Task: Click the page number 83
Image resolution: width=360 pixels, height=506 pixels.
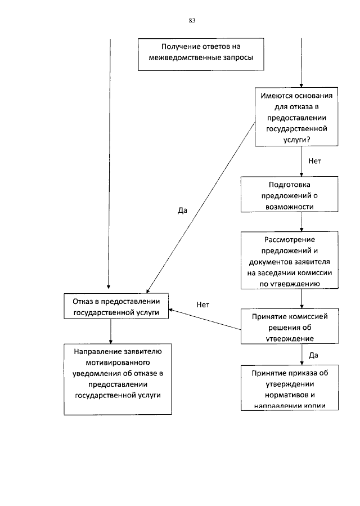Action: [x=192, y=20]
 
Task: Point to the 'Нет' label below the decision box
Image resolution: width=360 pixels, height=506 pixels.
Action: [x=314, y=161]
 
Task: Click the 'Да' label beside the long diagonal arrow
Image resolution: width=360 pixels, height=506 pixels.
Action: [x=182, y=211]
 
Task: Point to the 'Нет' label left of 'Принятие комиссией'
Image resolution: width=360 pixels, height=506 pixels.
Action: [x=203, y=305]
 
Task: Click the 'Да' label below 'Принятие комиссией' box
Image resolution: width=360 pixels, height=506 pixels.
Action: [x=314, y=355]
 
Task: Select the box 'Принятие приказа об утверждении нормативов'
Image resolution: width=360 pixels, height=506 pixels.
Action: [x=291, y=389]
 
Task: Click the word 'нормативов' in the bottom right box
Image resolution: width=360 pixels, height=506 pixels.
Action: [x=291, y=394]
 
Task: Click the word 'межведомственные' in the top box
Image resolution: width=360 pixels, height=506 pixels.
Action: [x=178, y=59]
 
